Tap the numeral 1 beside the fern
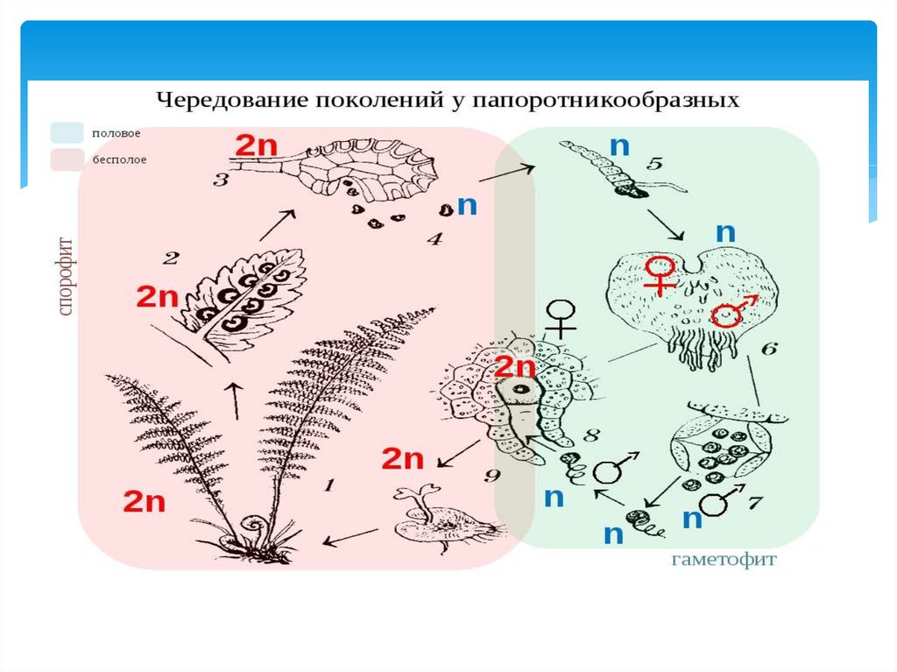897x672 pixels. point(329,484)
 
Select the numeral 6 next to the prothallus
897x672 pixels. point(768,349)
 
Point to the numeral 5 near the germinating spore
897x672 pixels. point(655,164)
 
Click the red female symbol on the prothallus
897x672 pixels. point(658,274)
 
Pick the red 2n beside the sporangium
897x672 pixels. point(256,144)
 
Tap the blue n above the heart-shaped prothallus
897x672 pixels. point(725,232)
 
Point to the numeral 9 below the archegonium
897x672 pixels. point(491,476)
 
